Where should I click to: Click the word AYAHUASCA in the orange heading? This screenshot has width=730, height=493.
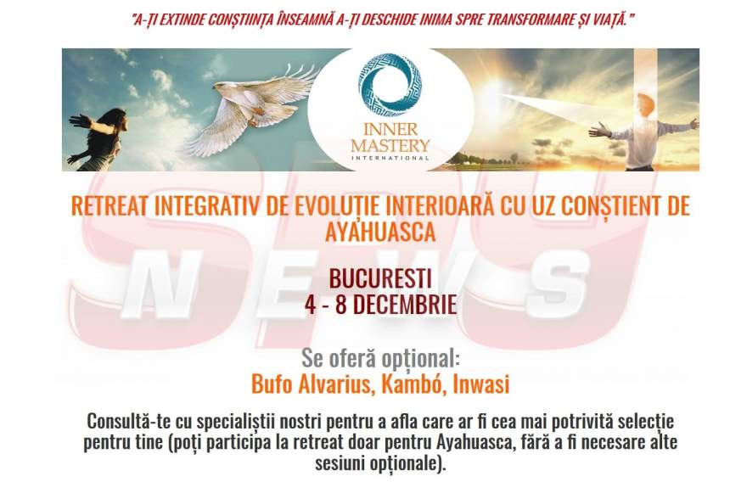coord(380,232)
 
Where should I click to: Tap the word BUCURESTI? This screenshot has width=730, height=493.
coord(380,279)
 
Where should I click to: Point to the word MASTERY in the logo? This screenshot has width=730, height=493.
coord(390,145)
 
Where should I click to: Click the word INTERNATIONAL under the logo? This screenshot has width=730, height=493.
coord(390,158)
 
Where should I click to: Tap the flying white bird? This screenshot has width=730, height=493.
coord(254,109)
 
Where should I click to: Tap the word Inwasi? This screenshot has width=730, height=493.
coord(481,384)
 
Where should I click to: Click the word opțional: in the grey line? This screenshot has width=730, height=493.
coord(421,358)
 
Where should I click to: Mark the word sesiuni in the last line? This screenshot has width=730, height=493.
coord(340,463)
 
